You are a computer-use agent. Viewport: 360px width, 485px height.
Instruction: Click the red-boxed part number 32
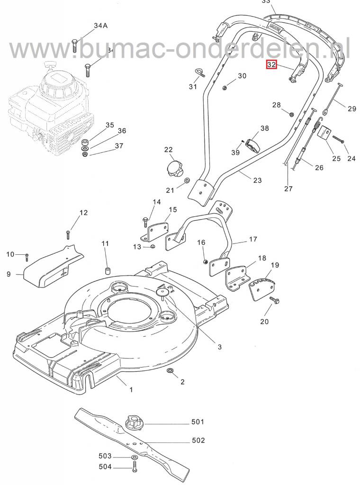tap(271, 64)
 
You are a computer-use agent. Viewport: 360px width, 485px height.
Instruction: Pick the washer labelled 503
tap(134, 456)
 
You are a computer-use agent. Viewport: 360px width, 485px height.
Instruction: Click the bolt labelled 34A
tap(74, 46)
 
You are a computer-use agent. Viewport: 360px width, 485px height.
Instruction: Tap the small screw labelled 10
tap(27, 256)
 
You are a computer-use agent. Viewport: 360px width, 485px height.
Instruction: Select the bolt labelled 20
tap(274, 300)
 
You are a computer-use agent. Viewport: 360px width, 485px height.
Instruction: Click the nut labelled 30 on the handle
tap(226, 86)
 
